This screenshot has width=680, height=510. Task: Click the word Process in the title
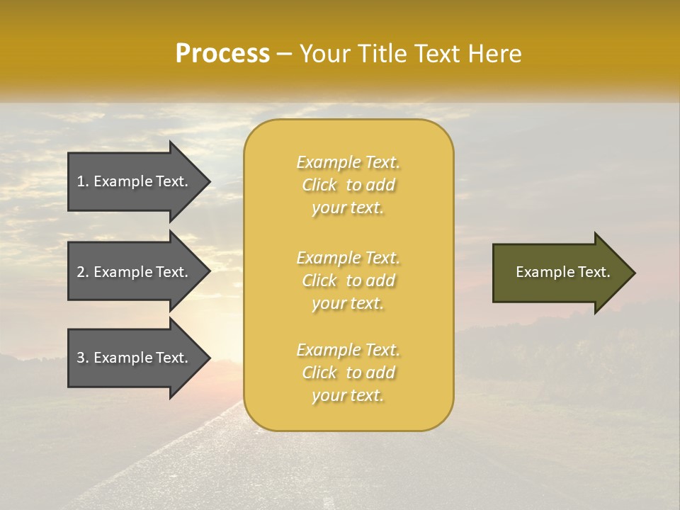pyautogui.click(x=222, y=54)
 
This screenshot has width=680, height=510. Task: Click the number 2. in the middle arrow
pyautogui.click(x=83, y=272)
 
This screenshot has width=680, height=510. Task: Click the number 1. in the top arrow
pyautogui.click(x=82, y=181)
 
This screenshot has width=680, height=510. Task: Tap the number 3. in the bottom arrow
pyautogui.click(x=83, y=358)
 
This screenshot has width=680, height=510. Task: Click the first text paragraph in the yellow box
pyautogui.click(x=348, y=185)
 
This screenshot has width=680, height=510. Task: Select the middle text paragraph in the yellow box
pyautogui.click(x=348, y=280)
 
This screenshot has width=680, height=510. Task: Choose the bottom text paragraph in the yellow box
pyautogui.click(x=348, y=373)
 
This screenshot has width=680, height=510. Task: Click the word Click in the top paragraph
pyautogui.click(x=319, y=185)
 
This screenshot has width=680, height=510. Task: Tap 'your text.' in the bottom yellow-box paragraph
pyautogui.click(x=348, y=396)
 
